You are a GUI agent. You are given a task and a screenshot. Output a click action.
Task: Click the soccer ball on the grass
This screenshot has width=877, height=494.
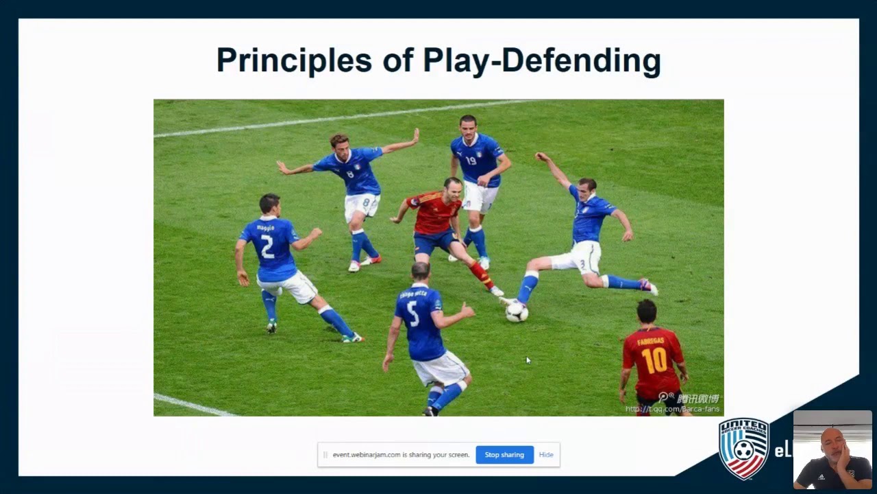(517, 312)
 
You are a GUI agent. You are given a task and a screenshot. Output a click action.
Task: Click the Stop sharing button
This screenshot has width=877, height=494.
(504, 455)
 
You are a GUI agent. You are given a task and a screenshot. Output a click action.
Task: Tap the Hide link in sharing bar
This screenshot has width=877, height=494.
(546, 455)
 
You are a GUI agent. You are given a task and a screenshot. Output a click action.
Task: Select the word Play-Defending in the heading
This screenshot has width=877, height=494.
(541, 60)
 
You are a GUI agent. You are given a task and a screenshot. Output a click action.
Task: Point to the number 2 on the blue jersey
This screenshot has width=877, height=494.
(267, 246)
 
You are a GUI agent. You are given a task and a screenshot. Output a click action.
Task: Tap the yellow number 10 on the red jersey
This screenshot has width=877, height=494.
(654, 360)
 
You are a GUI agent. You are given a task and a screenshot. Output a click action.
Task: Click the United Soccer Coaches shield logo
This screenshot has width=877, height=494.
(744, 448)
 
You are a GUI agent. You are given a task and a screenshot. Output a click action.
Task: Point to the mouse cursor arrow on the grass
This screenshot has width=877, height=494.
(528, 360)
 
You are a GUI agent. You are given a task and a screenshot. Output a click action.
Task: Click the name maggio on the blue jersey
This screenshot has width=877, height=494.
(265, 227)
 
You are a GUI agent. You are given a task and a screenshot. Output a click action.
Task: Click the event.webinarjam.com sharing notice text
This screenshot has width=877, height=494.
(401, 455)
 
